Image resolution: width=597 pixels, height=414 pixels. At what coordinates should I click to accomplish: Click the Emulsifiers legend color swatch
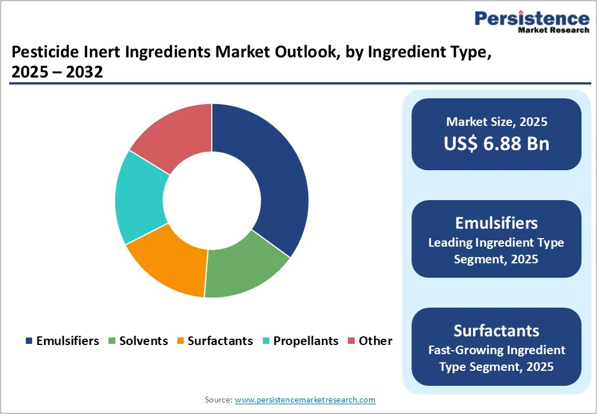[x=29, y=341]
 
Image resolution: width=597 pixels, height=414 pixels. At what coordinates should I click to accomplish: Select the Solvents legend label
[x=144, y=341]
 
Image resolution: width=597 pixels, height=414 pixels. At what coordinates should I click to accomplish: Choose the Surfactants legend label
[x=220, y=341]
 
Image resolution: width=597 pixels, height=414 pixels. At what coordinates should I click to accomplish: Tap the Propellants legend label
[x=305, y=341]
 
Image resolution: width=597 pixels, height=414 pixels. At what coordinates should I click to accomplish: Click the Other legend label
[x=375, y=341]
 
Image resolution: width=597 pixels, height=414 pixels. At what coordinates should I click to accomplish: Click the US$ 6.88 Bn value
[x=497, y=144]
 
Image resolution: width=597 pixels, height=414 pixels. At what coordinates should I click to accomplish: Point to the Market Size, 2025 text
[x=497, y=122]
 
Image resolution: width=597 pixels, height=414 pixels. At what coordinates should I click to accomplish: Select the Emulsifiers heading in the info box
[x=497, y=223]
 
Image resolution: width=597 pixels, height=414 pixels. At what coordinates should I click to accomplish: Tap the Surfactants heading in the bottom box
[x=497, y=331]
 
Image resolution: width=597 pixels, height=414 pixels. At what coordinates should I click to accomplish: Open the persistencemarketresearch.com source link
[x=305, y=400]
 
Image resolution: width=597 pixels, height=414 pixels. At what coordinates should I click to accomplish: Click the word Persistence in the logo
[x=532, y=19]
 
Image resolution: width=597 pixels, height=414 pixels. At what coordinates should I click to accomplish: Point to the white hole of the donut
[x=212, y=201]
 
